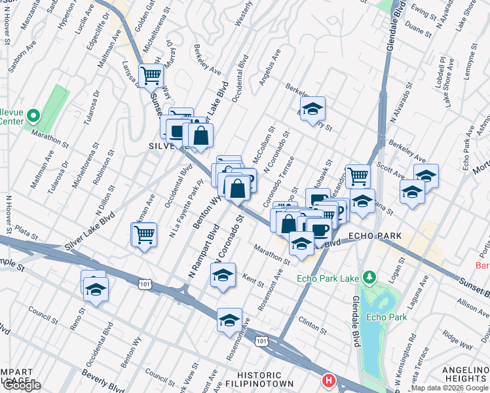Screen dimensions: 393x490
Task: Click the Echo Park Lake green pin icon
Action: [x=369, y=278]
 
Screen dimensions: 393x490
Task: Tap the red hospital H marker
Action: [x=328, y=381]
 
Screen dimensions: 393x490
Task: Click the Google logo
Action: [x=21, y=385]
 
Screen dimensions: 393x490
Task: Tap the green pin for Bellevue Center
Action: [x=34, y=116]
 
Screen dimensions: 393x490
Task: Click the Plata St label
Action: [x=30, y=232]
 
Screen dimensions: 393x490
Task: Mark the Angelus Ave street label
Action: [x=269, y=67]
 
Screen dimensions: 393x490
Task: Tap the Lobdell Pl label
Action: [x=441, y=68]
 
